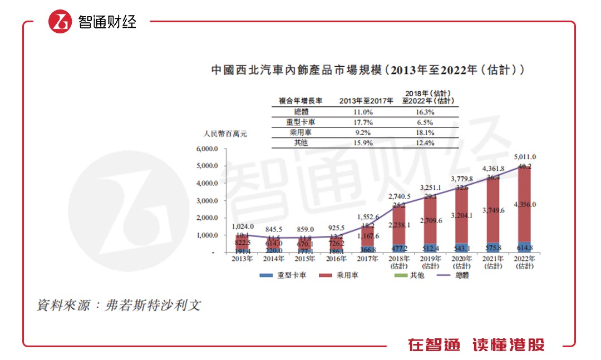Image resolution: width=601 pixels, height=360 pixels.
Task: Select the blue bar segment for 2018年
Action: point(398,248)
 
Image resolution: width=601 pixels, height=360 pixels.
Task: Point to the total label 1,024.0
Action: point(243,226)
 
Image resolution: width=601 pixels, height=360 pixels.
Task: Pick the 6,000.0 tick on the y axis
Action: point(209,149)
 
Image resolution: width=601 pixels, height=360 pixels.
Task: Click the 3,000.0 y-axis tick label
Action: point(209,201)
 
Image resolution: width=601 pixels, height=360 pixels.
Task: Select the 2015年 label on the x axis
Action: point(304,259)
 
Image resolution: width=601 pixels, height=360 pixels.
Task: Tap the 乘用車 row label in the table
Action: point(300,132)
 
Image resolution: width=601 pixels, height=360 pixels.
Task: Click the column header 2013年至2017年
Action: point(366,101)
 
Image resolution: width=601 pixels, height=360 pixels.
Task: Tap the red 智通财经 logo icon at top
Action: point(60,22)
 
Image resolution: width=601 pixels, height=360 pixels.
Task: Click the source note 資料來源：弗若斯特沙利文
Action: point(118,306)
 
